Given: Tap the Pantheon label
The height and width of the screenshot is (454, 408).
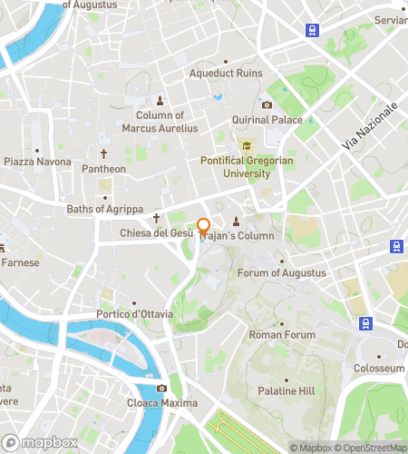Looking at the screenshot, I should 103,169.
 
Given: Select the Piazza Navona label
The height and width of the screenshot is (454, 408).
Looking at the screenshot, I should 37,162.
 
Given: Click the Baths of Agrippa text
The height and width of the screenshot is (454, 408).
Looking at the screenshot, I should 105,210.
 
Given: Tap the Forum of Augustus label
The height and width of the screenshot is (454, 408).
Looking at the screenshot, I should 281,273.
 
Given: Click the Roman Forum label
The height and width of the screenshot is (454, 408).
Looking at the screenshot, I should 282,335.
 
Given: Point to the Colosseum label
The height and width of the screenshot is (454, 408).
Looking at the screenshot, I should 378,369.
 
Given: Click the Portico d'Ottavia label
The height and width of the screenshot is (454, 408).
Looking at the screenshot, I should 134,315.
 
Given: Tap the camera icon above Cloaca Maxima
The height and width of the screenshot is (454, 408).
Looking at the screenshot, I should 161,389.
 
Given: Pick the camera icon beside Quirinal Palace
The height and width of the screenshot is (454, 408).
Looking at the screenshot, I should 267,105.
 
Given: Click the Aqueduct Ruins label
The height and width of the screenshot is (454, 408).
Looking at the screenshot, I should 225,74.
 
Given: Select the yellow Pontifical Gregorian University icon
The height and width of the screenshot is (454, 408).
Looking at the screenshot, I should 245,146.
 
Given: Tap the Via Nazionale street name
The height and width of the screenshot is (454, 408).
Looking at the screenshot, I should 370,127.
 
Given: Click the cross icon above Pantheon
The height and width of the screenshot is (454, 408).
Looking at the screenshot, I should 103,154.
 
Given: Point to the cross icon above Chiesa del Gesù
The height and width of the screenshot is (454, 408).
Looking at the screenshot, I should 156,218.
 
